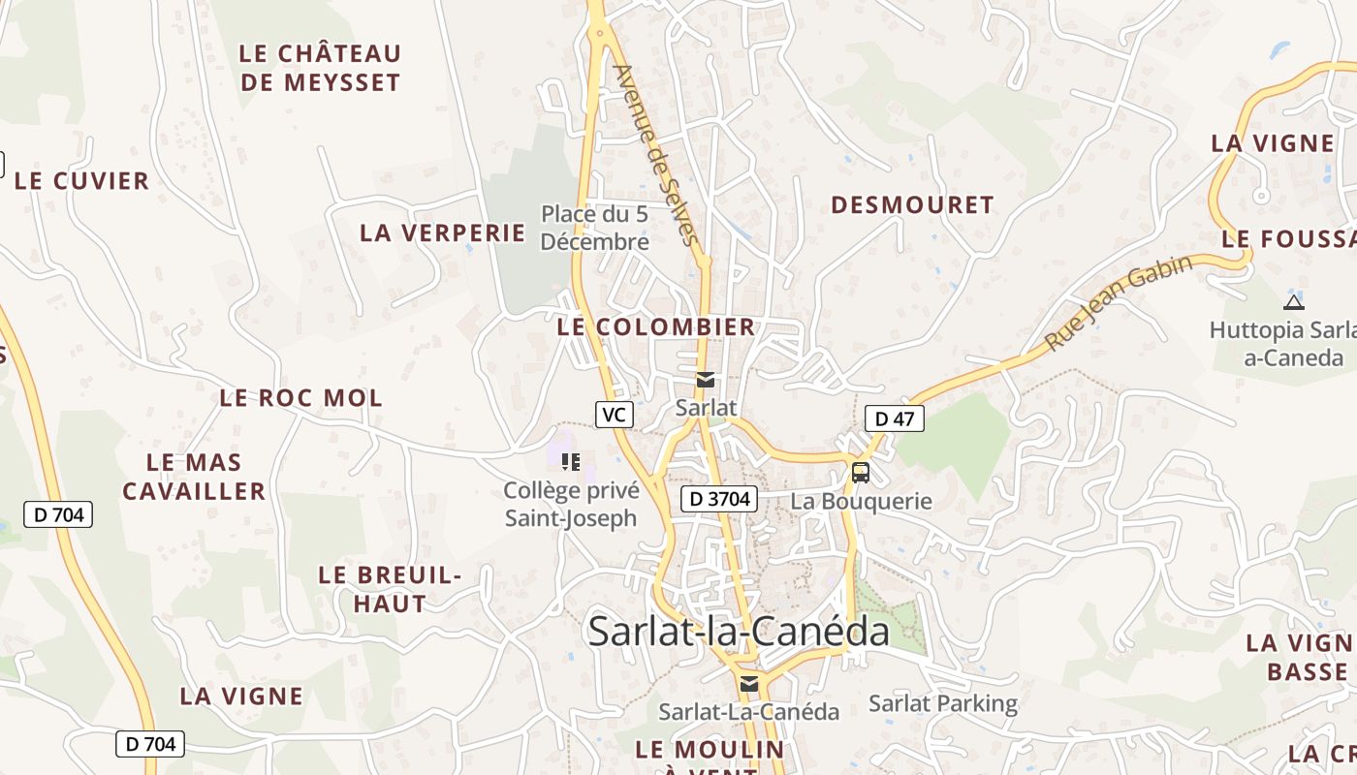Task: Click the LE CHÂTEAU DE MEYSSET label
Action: pyautogui.click(x=319, y=68)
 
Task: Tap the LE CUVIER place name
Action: pyautogui.click(x=81, y=181)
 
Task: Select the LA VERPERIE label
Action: pyautogui.click(x=442, y=233)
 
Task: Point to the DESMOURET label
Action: pyautogui.click(x=912, y=205)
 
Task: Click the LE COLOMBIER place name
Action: pyautogui.click(x=656, y=327)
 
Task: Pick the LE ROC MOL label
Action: pyautogui.click(x=300, y=398)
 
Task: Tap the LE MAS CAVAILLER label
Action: pyautogui.click(x=194, y=477)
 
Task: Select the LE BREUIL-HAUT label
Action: pyautogui.click(x=390, y=589)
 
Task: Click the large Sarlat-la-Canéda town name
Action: pyautogui.click(x=739, y=632)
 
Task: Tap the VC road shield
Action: pyautogui.click(x=614, y=415)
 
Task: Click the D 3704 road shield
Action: pyautogui.click(x=718, y=499)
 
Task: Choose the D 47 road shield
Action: pyautogui.click(x=894, y=418)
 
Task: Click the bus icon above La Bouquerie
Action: pyautogui.click(x=860, y=473)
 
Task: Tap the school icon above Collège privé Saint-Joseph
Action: pyautogui.click(x=571, y=461)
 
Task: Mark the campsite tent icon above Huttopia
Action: pyautogui.click(x=1293, y=301)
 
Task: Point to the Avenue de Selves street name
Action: pyautogui.click(x=656, y=155)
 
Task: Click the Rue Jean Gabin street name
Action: pyautogui.click(x=1119, y=303)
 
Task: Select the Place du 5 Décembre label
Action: pyautogui.click(x=594, y=228)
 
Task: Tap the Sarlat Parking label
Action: pyautogui.click(x=943, y=704)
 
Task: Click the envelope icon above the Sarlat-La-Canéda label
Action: pyautogui.click(x=748, y=684)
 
